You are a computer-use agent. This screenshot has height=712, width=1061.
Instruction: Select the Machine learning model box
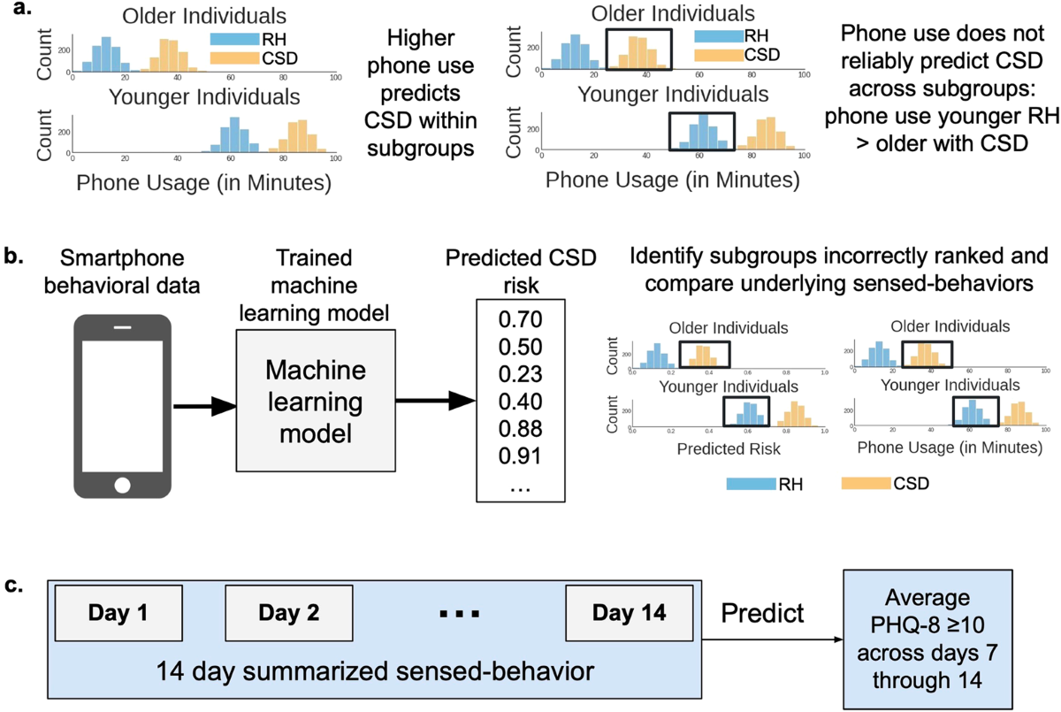[x=314, y=402]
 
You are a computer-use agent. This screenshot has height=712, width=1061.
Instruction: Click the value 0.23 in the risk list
[x=519, y=375]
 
